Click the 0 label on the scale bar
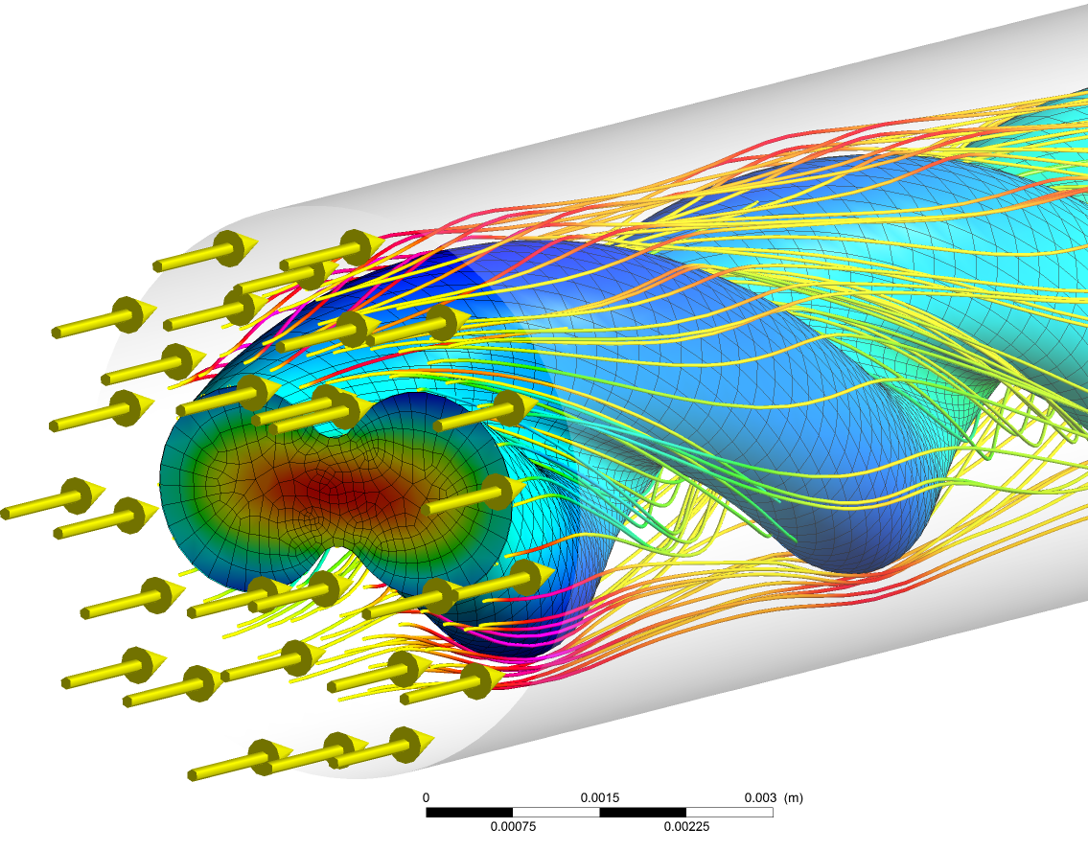[426, 797]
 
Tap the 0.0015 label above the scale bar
[599, 797]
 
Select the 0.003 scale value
[760, 797]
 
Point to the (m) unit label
[793, 797]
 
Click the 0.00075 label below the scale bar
[513, 826]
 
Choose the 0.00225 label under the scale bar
[686, 826]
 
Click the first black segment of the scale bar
[469, 812]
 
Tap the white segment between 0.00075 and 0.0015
[556, 812]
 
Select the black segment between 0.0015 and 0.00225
[642, 812]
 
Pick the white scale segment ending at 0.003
[729, 812]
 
